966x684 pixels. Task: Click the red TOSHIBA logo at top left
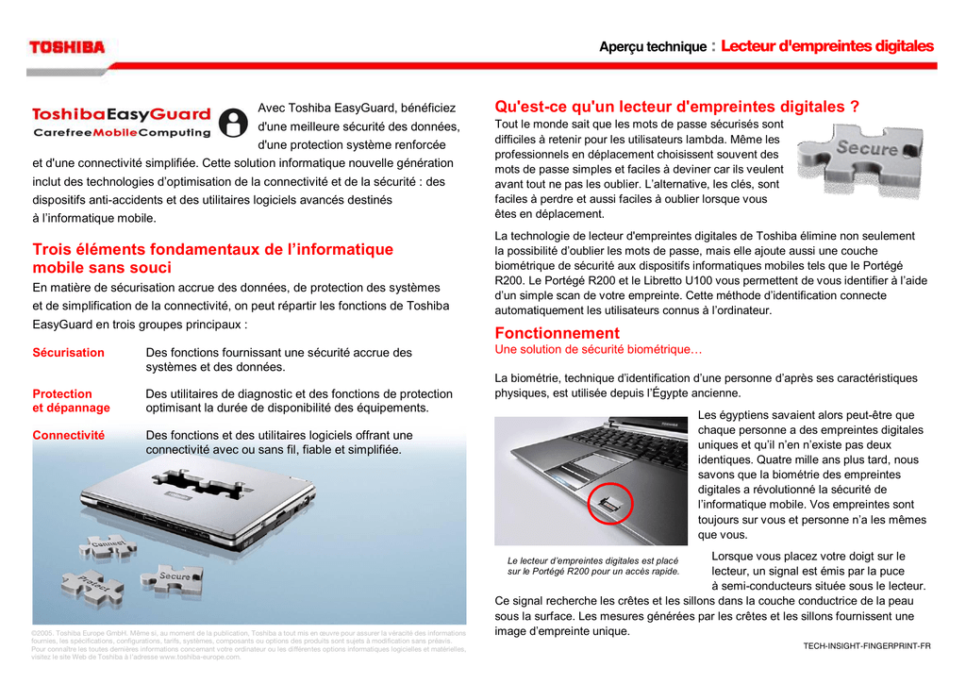pos(67,46)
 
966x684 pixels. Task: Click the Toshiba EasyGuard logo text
pos(122,115)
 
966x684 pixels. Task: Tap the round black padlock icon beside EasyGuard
pos(231,123)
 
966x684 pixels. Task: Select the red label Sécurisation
pos(68,353)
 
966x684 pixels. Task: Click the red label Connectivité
pos(68,435)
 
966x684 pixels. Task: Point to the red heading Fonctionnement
pos(557,333)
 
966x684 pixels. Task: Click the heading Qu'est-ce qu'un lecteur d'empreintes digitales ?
pos(676,107)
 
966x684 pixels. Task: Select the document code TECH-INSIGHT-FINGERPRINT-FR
pos(866,645)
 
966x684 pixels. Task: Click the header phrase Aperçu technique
pos(653,47)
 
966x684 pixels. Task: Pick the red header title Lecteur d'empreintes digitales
pos(826,46)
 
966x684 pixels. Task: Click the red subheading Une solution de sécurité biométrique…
pos(598,350)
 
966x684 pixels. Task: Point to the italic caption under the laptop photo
pos(592,566)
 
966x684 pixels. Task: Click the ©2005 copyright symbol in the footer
pos(35,633)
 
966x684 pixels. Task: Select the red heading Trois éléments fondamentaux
pos(212,259)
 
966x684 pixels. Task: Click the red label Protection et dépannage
pos(71,401)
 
